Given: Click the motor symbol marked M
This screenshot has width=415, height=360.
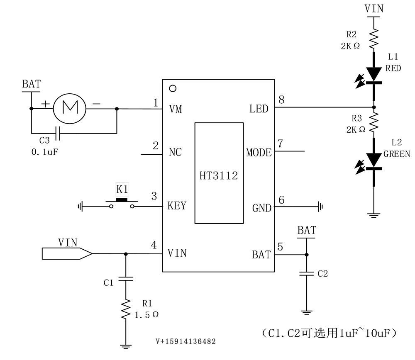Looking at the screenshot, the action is point(70,108).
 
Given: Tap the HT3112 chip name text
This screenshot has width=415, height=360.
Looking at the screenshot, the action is point(219,175).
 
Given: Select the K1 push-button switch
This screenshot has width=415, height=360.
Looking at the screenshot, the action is point(122,203).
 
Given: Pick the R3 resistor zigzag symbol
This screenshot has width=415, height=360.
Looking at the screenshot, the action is point(374,122).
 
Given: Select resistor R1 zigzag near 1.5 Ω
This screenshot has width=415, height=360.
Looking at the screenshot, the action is point(126,309).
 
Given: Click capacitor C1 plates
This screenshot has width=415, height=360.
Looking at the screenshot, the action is point(126,278).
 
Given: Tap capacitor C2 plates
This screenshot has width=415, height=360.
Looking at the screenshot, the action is point(307,273).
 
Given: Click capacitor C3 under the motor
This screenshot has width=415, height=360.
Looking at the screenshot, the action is point(58,133).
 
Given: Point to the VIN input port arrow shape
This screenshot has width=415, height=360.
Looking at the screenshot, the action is point(67,253).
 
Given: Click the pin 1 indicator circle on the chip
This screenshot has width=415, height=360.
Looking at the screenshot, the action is point(173,88).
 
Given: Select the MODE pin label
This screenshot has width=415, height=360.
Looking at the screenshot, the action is point(259,153).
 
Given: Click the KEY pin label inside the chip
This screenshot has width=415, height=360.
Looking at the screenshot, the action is point(177,206).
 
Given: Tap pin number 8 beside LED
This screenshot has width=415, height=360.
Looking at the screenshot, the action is point(281,100).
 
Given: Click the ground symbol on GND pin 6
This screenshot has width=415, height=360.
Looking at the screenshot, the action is point(320,207).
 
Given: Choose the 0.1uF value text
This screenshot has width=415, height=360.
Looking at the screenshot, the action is point(44,152).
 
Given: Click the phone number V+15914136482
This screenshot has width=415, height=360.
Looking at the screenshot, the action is point(186,341).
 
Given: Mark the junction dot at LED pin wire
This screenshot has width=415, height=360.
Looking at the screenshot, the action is point(374,107).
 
